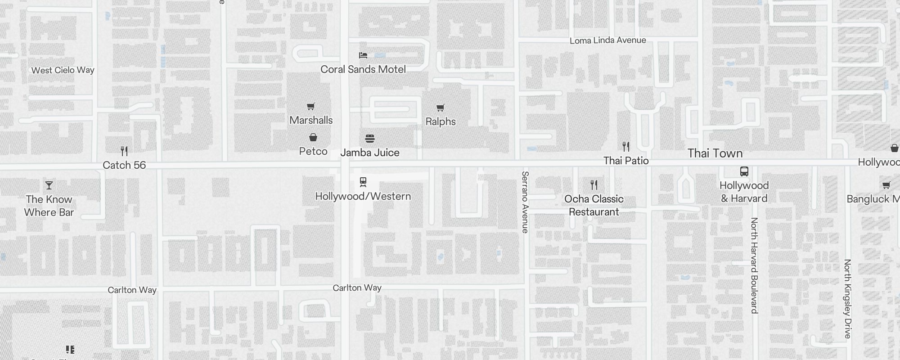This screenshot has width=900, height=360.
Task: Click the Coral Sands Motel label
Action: click(x=363, y=69)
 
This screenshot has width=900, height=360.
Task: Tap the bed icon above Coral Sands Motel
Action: click(x=363, y=55)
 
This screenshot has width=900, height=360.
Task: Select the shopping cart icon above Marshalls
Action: click(x=311, y=107)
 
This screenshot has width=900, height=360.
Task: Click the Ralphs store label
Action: click(x=441, y=121)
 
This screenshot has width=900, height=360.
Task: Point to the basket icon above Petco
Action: click(x=313, y=137)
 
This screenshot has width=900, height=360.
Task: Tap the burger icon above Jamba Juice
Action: click(x=370, y=139)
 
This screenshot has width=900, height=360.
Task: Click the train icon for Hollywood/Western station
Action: click(x=363, y=182)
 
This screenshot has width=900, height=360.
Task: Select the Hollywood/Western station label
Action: click(x=363, y=196)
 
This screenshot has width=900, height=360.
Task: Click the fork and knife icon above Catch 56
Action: click(x=124, y=151)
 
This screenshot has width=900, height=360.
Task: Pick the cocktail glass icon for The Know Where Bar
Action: click(x=49, y=185)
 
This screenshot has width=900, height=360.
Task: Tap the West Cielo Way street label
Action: click(x=63, y=70)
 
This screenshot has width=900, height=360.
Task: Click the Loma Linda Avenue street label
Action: click(x=607, y=40)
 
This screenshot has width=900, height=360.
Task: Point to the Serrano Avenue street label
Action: click(x=525, y=202)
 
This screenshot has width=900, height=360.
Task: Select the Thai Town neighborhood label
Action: click(x=715, y=153)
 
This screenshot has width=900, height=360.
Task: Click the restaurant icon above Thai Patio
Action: click(x=626, y=147)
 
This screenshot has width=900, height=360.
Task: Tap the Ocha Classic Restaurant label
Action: click(x=594, y=205)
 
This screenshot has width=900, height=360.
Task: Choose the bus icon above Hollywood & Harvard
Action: click(x=744, y=171)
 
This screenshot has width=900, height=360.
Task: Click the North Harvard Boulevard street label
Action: click(x=755, y=265)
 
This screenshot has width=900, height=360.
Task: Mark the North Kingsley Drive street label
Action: click(x=848, y=299)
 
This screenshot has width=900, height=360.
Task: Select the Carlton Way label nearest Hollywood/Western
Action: click(x=357, y=288)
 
